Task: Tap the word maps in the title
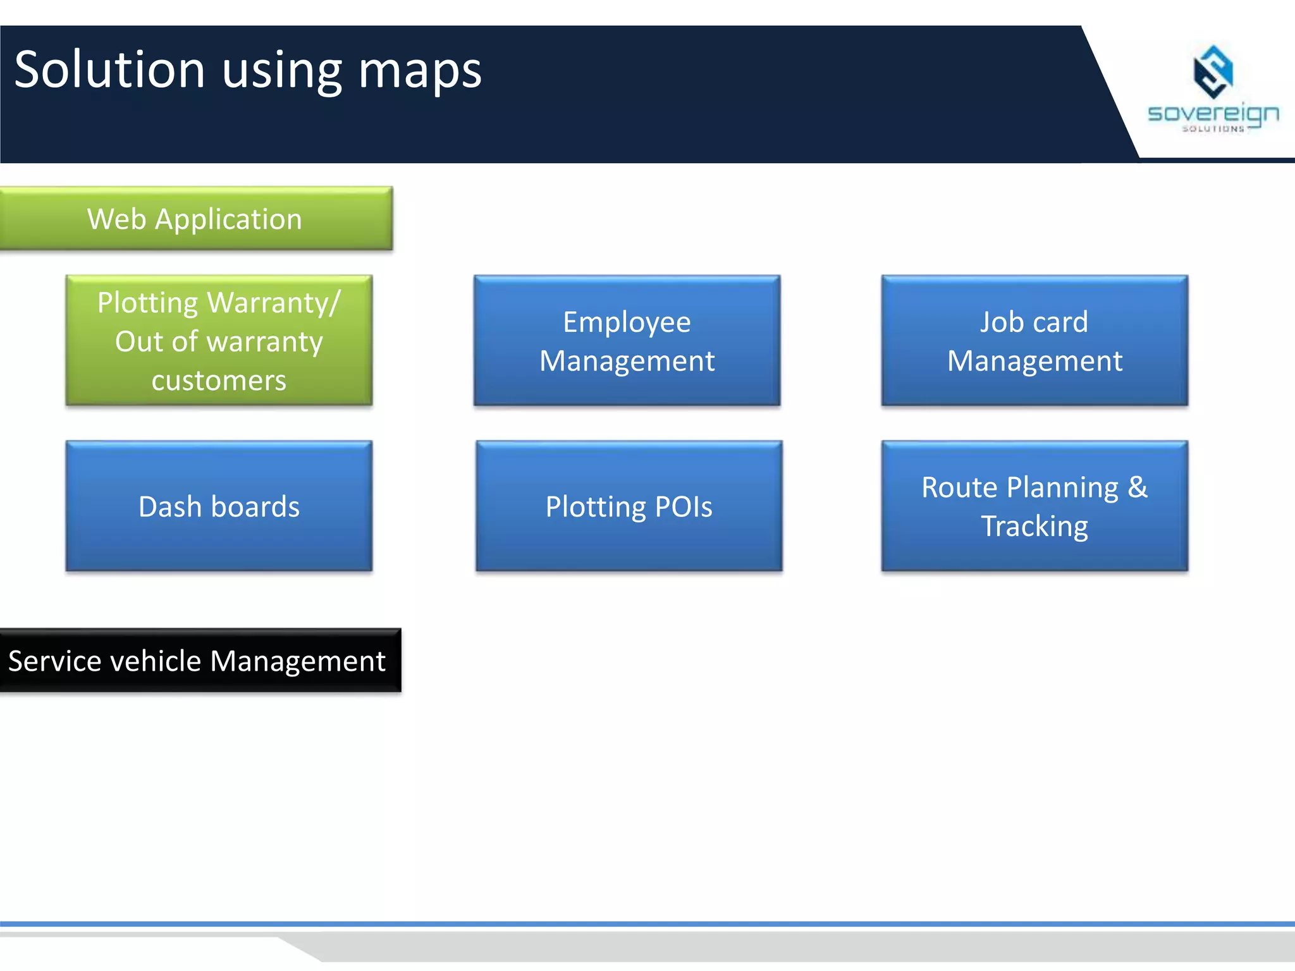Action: (420, 71)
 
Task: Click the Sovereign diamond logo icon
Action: (1212, 71)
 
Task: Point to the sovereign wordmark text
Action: (1213, 114)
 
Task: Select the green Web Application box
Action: (196, 219)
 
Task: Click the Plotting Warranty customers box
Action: (219, 341)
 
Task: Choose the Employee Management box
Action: (627, 341)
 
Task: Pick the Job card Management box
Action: (1034, 341)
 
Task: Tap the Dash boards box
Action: (219, 506)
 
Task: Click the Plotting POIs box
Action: (629, 506)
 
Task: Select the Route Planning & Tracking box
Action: (1034, 506)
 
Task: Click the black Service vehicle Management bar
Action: (200, 661)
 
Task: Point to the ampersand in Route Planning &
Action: (1137, 487)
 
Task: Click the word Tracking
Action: (1034, 526)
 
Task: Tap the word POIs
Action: (684, 506)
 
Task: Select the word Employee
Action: (627, 322)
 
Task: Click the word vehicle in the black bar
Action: (164, 661)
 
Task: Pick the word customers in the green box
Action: (219, 381)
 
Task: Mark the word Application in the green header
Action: (228, 219)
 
